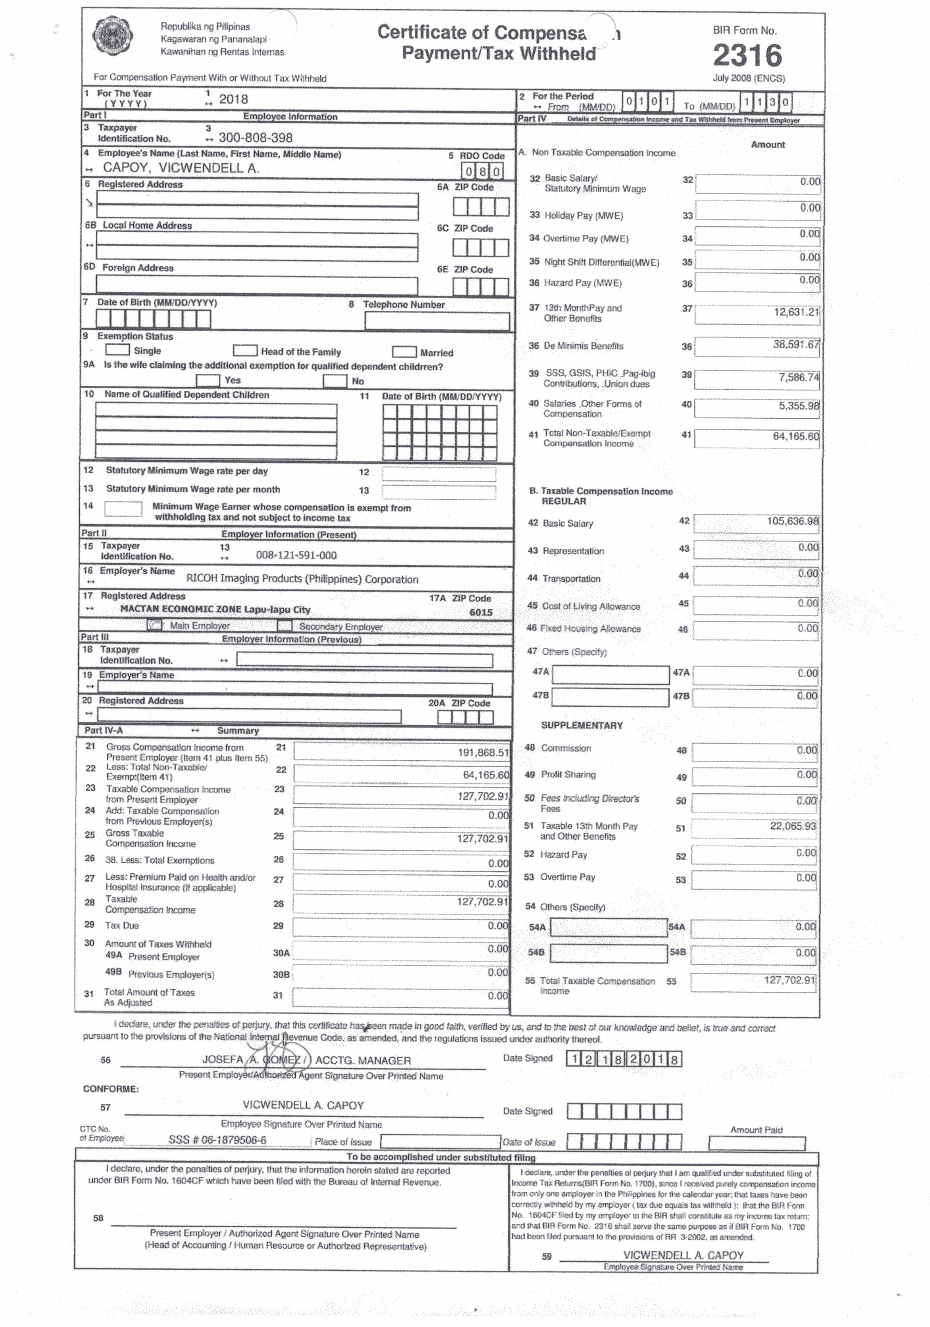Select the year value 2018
pyautogui.click(x=234, y=99)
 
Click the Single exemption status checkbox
pyautogui.click(x=117, y=350)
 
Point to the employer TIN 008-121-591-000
pyautogui.click(x=296, y=556)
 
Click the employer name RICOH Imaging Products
pyautogui.click(x=302, y=579)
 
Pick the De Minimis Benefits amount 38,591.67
pyautogui.click(x=796, y=344)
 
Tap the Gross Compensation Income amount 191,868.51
pyautogui.click(x=483, y=752)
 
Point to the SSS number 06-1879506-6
pyautogui.click(x=217, y=1140)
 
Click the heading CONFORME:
pyautogui.click(x=111, y=1089)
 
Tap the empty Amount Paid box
pyautogui.click(x=757, y=1143)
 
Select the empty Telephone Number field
pyautogui.click(x=437, y=321)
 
